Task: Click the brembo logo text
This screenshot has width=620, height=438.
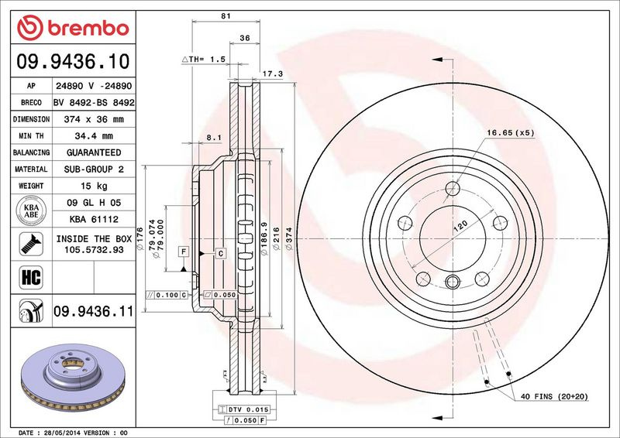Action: pyautogui.click(x=88, y=29)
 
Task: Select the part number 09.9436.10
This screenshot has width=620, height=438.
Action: pyautogui.click(x=73, y=62)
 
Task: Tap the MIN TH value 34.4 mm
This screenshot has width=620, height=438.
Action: pyautogui.click(x=94, y=136)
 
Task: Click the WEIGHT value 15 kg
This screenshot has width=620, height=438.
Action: pyautogui.click(x=94, y=186)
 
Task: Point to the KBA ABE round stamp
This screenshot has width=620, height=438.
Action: pyautogui.click(x=31, y=210)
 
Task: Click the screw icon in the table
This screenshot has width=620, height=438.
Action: pyautogui.click(x=31, y=244)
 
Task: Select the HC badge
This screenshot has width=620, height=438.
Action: pyautogui.click(x=31, y=277)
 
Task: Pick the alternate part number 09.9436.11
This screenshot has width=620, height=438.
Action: pyautogui.click(x=93, y=311)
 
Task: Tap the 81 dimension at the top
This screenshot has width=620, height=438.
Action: pyautogui.click(x=226, y=16)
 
